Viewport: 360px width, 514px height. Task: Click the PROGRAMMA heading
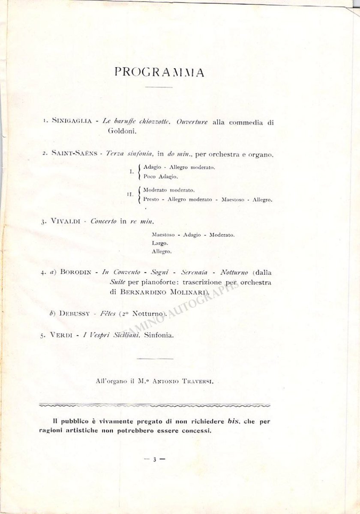click(159, 72)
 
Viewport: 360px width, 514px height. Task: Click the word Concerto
click(104, 221)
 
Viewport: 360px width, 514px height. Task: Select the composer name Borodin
click(75, 272)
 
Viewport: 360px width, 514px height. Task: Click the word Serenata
click(195, 272)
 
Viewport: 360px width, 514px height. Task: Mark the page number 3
click(155, 459)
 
